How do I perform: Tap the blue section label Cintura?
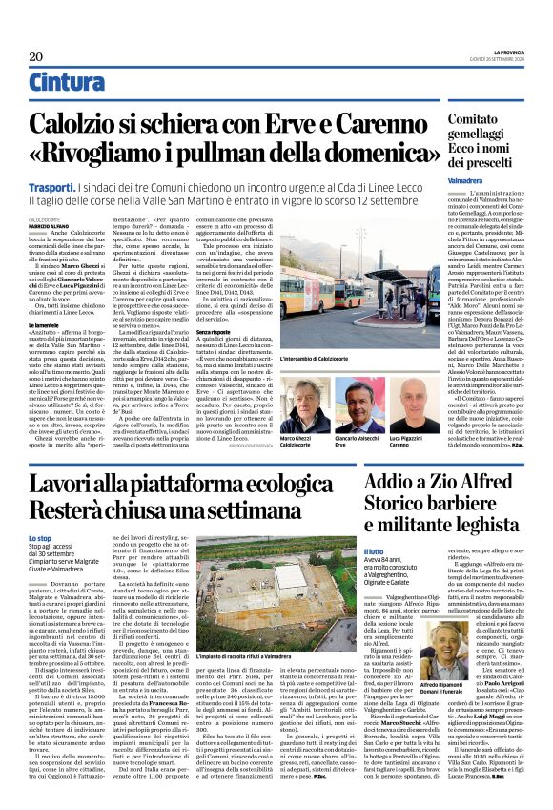point(67,83)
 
